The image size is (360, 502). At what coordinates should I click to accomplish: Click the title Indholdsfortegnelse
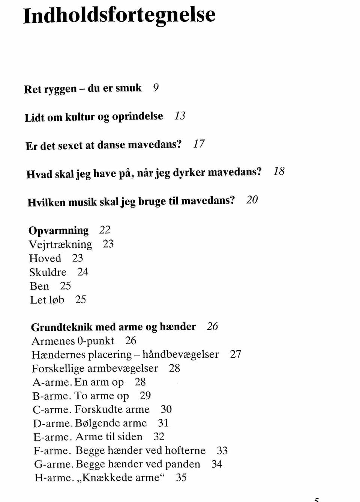(119, 15)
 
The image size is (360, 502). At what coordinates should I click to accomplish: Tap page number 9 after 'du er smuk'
(156, 88)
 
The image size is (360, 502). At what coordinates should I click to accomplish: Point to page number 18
(279, 172)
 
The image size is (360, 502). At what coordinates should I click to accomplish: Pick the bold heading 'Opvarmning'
(58, 230)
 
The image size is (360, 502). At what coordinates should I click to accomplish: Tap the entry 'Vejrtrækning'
(60, 244)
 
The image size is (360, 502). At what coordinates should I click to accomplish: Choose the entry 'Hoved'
(45, 258)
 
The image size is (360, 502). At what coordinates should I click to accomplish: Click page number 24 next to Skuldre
(83, 272)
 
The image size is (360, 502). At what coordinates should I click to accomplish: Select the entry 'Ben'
(39, 286)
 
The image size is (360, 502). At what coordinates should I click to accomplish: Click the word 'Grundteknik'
(61, 327)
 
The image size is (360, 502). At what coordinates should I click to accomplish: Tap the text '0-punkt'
(96, 341)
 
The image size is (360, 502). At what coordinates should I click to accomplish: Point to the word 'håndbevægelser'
(181, 354)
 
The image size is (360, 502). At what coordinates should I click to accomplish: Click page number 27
(235, 354)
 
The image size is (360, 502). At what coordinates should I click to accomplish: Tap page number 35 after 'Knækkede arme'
(181, 478)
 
